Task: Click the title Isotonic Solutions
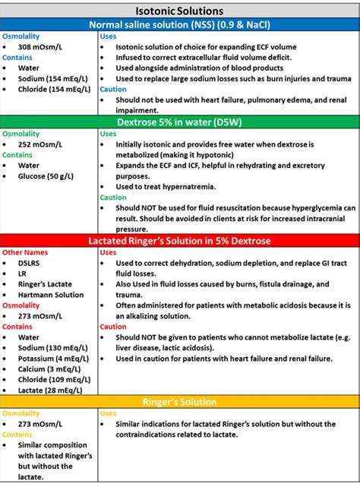point(179,11)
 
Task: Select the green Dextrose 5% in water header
point(179,121)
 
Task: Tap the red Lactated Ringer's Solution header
point(179,240)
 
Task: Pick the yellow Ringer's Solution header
point(179,402)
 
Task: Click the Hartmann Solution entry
point(51,295)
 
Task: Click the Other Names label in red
point(25,252)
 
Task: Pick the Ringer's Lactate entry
point(45,284)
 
